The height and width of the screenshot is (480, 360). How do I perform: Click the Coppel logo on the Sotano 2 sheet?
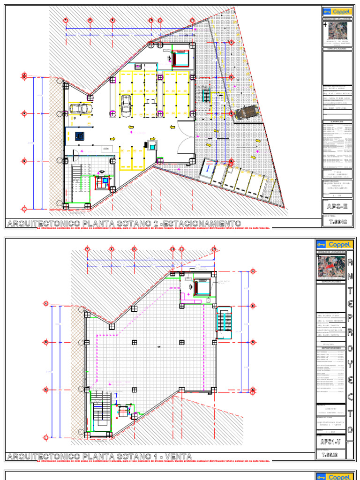(336, 11)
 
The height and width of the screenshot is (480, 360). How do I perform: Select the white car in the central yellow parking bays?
(126, 105)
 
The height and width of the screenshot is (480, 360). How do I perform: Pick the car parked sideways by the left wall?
(82, 109)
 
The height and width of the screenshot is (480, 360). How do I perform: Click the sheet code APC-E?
(336, 206)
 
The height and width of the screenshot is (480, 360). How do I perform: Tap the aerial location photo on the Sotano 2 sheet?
(338, 31)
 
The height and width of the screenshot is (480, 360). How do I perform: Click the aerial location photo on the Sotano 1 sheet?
(332, 266)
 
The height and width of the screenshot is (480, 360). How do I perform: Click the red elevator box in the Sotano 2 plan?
(180, 58)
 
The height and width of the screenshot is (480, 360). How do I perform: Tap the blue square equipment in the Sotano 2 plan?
(79, 135)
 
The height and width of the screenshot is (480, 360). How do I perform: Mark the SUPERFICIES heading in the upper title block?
(337, 121)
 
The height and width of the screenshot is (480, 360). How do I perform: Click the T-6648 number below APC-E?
(336, 223)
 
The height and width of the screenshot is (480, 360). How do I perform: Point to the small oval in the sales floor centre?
(159, 346)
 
